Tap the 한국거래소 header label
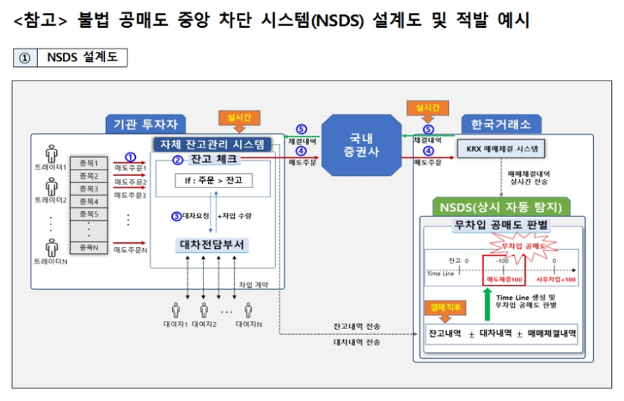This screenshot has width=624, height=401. [501, 124]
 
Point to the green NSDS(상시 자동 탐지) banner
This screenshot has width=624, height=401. [501, 207]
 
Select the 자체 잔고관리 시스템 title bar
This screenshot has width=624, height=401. [213, 143]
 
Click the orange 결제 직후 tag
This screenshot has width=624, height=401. [446, 308]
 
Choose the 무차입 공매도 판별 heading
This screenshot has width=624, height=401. [501, 226]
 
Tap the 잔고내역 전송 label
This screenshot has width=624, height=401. [357, 326]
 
